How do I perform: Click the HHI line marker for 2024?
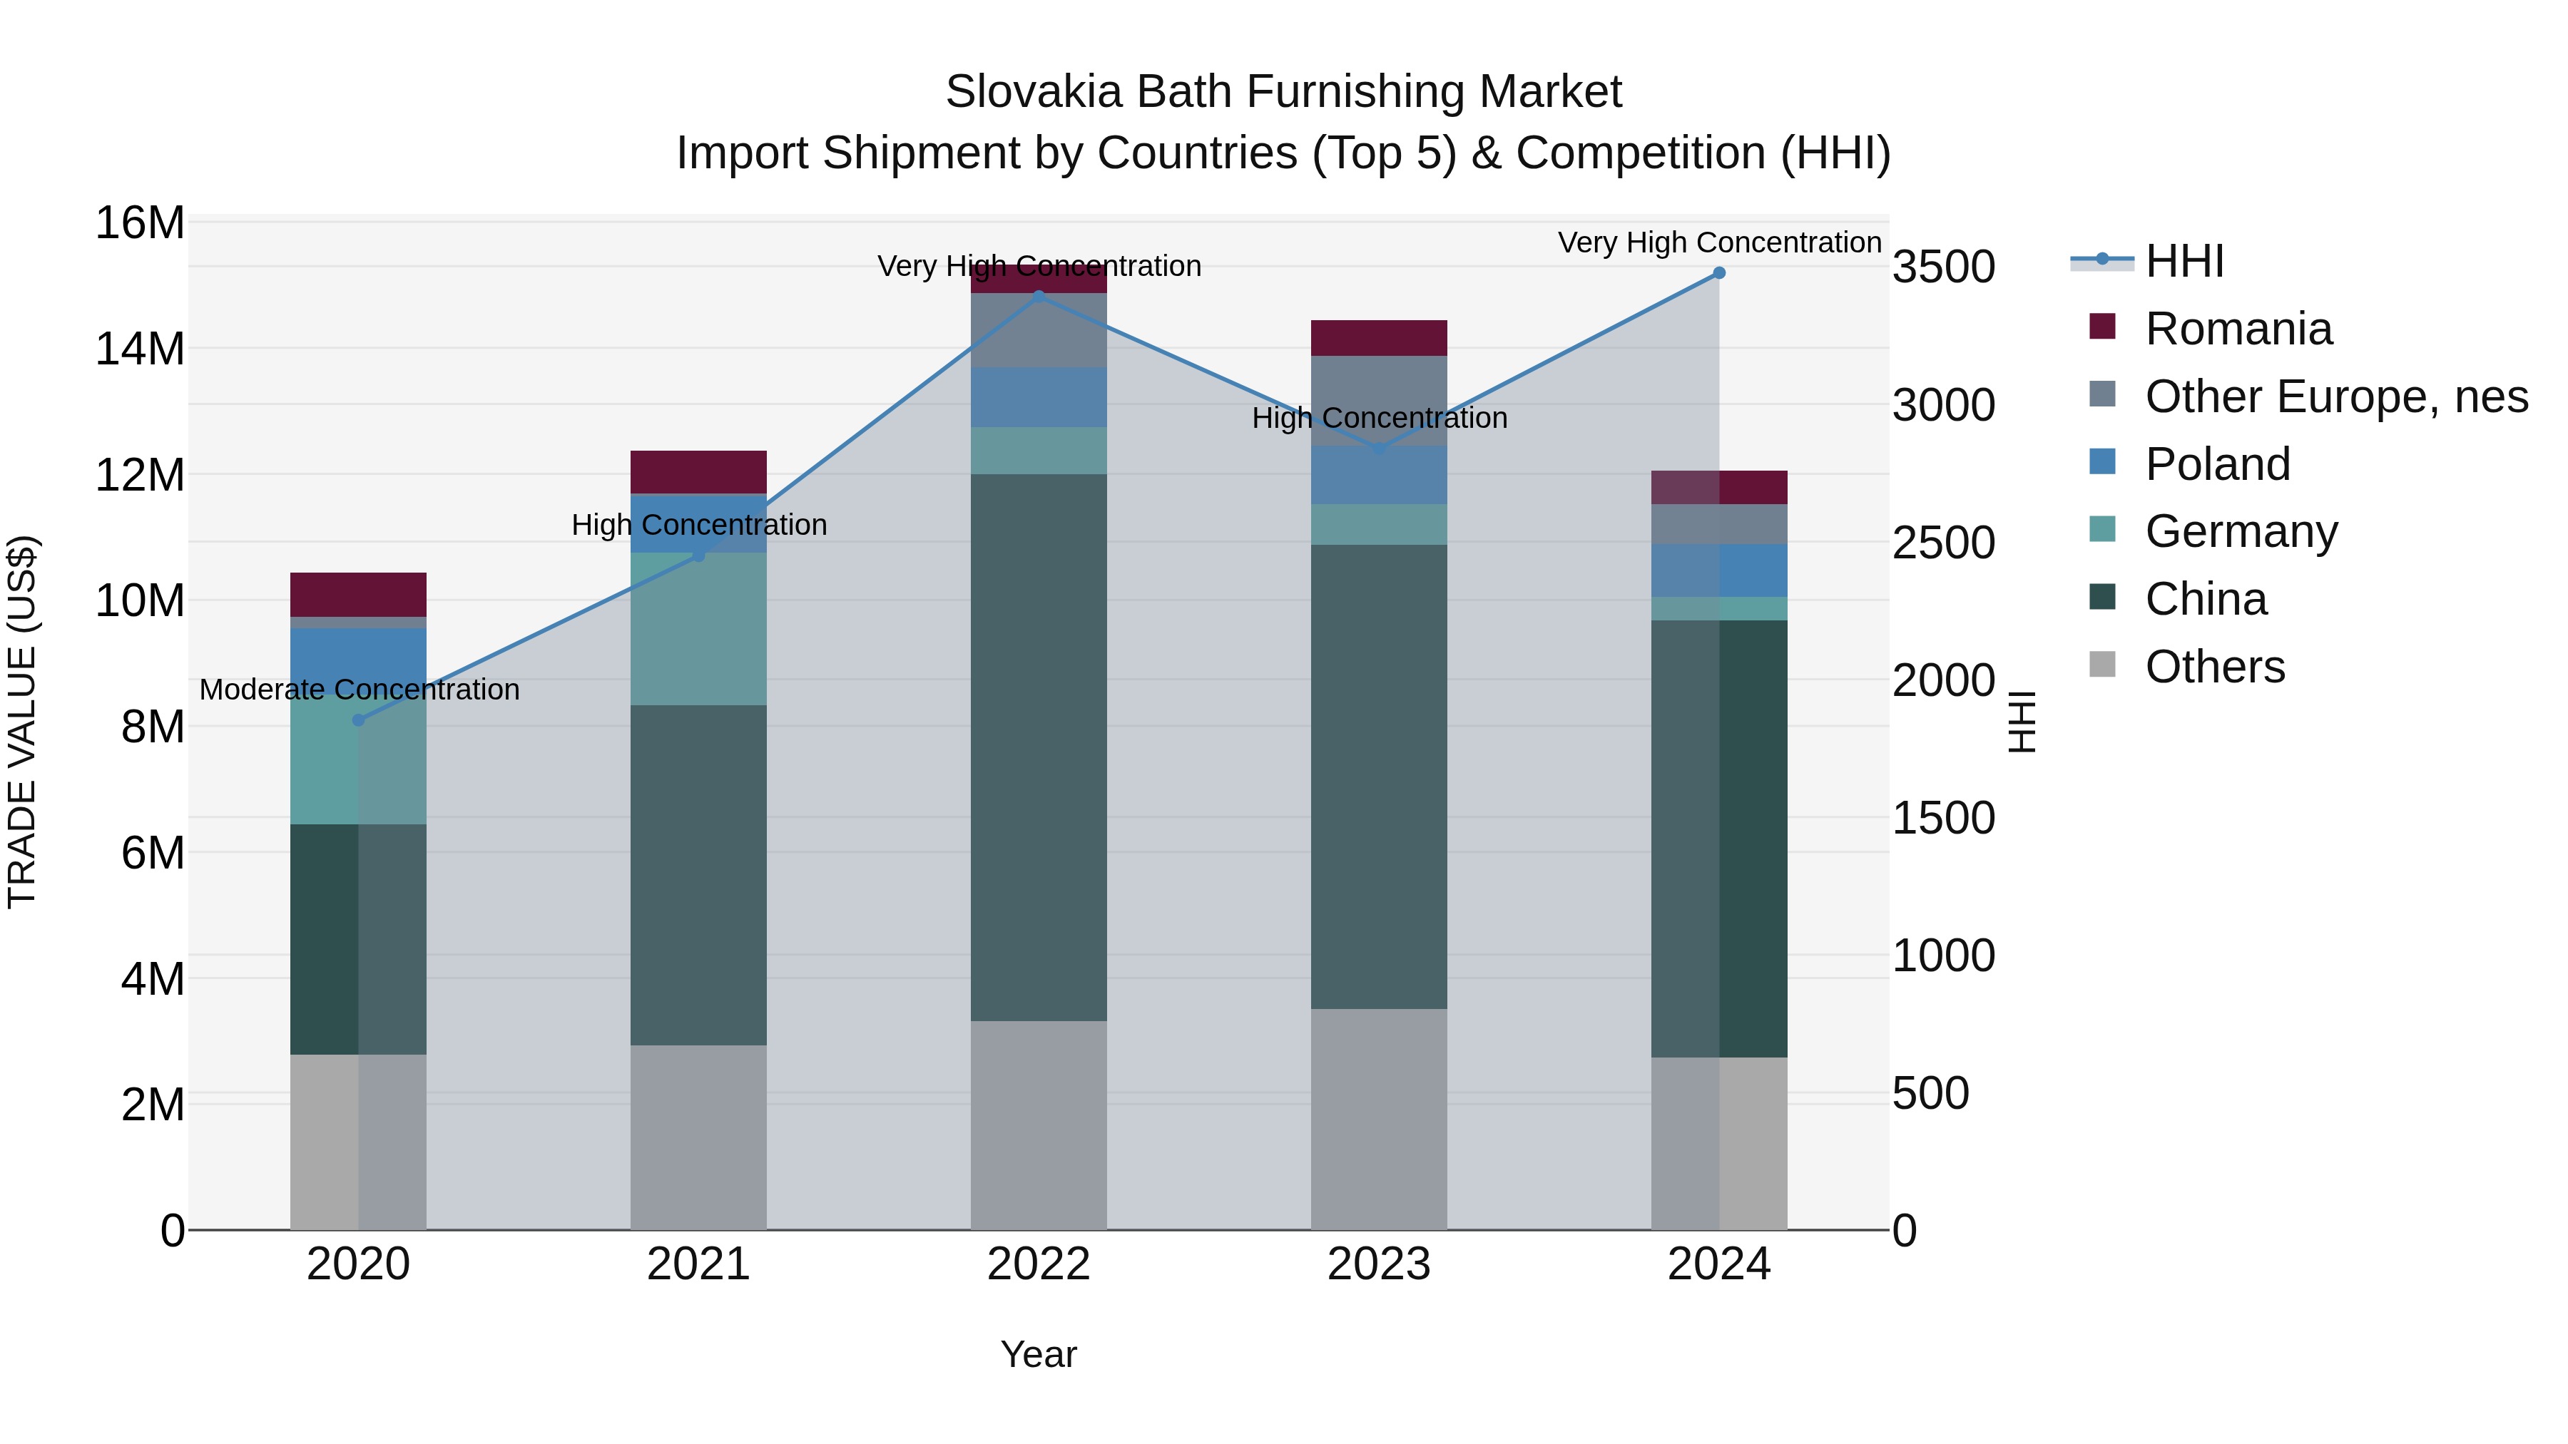(1718, 273)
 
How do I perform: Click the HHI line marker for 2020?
(359, 720)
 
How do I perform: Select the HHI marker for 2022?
(1039, 296)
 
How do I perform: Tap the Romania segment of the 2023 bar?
(1379, 339)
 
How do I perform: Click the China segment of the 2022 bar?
(1039, 747)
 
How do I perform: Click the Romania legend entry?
(2238, 329)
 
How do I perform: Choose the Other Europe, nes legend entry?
(2335, 396)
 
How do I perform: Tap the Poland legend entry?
(2217, 464)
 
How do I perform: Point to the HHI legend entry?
(2184, 261)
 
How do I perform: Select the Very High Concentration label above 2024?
(1718, 243)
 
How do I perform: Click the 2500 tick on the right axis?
(1943, 543)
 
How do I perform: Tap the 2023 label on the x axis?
(1379, 1264)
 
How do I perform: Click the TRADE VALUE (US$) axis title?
(22, 722)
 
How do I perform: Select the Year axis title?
(1039, 1354)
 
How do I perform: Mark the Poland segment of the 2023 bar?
(1379, 476)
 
